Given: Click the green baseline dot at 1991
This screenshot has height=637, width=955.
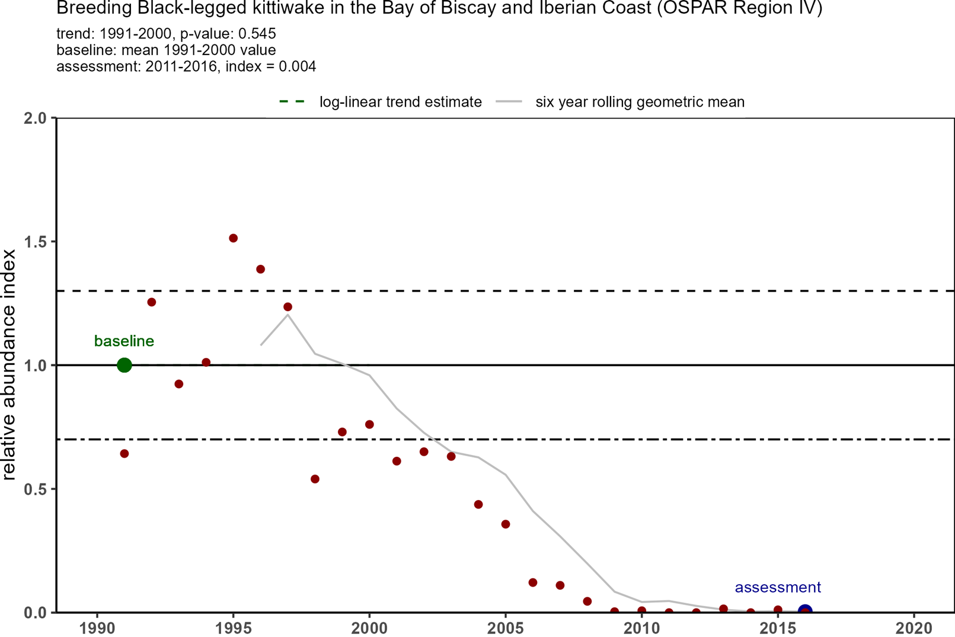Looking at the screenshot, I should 124,365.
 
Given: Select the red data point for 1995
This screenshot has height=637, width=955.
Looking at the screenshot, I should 234,238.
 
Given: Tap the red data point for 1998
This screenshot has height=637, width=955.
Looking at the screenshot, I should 315,479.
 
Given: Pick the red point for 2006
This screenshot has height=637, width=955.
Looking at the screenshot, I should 533,582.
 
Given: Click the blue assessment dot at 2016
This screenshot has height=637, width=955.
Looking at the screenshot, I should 805,611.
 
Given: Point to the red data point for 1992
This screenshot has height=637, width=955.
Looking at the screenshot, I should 152,302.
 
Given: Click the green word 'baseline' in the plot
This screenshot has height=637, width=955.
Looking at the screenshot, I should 124,341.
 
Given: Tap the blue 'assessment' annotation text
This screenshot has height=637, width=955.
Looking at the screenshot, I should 778,587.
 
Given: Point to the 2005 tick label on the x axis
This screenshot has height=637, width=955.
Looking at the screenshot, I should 506,628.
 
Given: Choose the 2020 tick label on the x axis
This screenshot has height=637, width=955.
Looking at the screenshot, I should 915,628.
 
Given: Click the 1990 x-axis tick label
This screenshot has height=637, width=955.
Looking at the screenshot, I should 97,628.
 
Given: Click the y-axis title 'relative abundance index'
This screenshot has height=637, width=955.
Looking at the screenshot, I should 9,364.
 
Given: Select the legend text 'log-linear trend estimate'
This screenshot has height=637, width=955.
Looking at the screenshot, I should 400,102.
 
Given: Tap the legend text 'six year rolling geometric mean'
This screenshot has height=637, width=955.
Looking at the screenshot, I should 640,102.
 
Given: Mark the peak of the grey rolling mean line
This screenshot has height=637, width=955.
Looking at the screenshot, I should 288,315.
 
